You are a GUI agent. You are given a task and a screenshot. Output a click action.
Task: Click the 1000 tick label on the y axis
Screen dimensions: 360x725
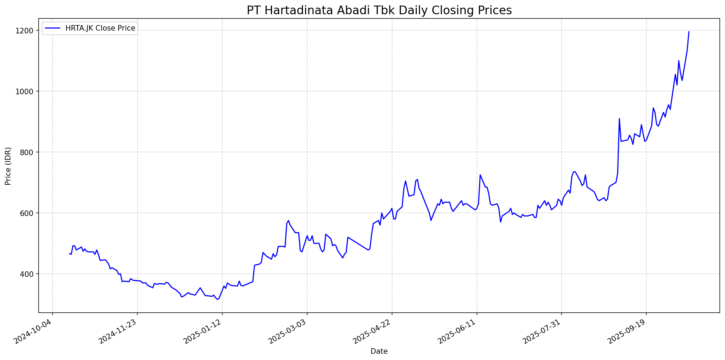click(x=27, y=91)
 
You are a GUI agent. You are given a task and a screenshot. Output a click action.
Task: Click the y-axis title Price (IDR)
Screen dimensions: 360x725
click(x=8, y=166)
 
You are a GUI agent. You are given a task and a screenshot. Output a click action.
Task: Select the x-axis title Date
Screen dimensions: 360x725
click(x=379, y=351)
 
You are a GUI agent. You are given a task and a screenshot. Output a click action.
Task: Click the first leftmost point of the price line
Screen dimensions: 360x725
click(x=70, y=254)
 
